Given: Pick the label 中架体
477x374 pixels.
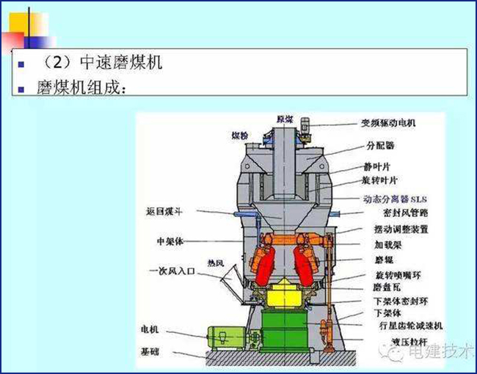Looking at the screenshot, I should click(170, 240).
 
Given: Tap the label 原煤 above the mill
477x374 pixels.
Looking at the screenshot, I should click(283, 119).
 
